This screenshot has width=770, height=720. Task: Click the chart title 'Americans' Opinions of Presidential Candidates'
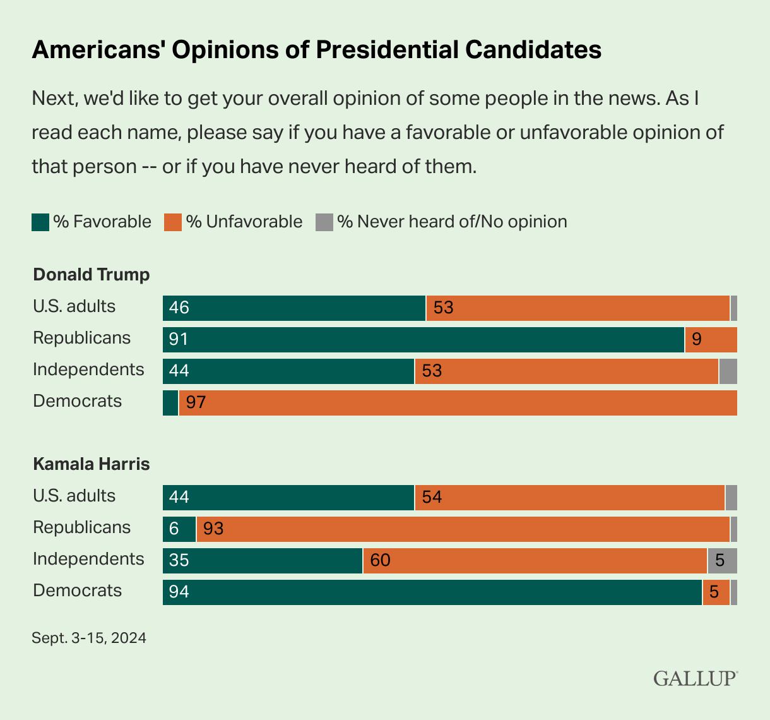316,49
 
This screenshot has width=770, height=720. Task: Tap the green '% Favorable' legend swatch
40,222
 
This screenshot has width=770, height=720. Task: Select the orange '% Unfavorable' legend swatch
173,222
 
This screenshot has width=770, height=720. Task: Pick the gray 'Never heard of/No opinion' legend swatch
324,222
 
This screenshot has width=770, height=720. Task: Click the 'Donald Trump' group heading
92,275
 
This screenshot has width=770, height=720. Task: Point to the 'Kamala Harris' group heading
92,464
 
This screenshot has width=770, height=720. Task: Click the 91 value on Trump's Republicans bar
179,340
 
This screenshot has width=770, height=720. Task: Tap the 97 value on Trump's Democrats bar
196,403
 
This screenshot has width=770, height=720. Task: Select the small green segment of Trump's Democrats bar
170,403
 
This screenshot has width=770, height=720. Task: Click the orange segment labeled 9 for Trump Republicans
711,340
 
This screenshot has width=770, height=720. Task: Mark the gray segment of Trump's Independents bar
728,371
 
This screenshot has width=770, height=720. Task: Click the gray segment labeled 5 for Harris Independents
722,561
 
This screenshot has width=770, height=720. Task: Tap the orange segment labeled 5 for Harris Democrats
716,592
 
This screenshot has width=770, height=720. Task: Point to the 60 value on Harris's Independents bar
380,561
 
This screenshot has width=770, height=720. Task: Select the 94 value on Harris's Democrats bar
179,592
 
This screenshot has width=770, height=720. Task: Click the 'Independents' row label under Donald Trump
88,369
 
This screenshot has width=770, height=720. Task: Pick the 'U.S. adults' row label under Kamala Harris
74,496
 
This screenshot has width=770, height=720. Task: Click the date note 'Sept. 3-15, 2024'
89,638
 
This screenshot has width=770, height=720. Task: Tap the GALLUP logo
695,678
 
